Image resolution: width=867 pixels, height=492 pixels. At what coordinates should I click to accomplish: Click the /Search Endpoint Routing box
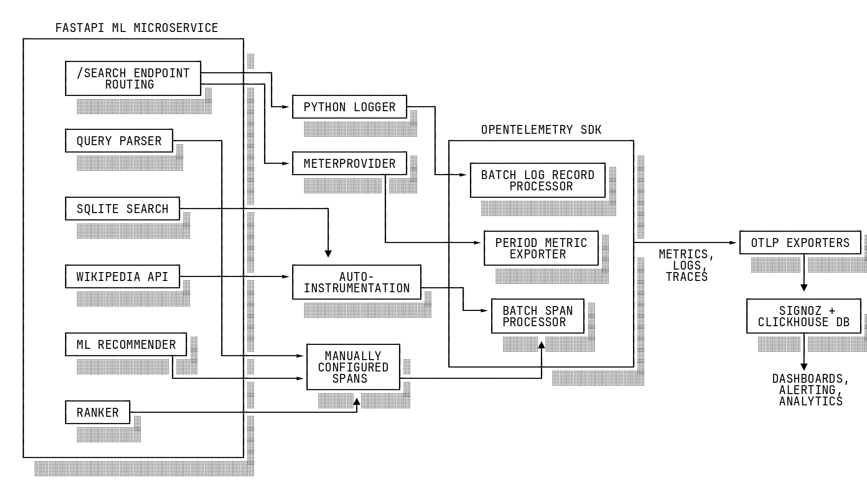point(133,79)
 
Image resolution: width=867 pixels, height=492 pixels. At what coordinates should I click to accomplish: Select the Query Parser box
point(119,141)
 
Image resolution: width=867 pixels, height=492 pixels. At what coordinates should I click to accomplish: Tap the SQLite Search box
point(122,209)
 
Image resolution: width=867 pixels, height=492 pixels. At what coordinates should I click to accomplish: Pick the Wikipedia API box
point(122,277)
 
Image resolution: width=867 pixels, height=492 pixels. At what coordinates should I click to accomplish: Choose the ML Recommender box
point(126,345)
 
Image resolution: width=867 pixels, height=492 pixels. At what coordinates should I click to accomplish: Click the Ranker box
point(98,413)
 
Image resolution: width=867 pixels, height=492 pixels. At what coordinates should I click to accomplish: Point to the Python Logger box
point(349,107)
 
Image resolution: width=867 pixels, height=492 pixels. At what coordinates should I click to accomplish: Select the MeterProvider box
point(349,164)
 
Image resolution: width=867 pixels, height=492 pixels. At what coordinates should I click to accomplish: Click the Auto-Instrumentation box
point(357,282)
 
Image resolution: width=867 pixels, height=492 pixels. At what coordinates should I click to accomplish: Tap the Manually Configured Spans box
point(353,368)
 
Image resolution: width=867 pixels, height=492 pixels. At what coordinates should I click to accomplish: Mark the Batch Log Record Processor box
point(537,181)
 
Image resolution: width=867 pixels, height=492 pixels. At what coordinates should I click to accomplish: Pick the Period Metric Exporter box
point(541,248)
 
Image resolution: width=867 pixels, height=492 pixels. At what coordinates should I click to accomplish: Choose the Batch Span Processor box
point(537,316)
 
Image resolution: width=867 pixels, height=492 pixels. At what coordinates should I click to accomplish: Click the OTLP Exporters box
point(800,243)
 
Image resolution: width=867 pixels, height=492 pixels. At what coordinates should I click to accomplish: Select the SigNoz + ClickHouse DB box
point(803,316)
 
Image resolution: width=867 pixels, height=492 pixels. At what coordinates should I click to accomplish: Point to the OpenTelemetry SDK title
point(541,130)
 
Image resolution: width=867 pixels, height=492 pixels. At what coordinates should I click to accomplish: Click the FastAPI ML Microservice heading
point(136,28)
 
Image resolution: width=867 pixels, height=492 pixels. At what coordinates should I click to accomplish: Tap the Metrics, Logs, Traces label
point(686,266)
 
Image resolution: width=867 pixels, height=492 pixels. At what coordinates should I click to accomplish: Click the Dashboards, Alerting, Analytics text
point(810,390)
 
